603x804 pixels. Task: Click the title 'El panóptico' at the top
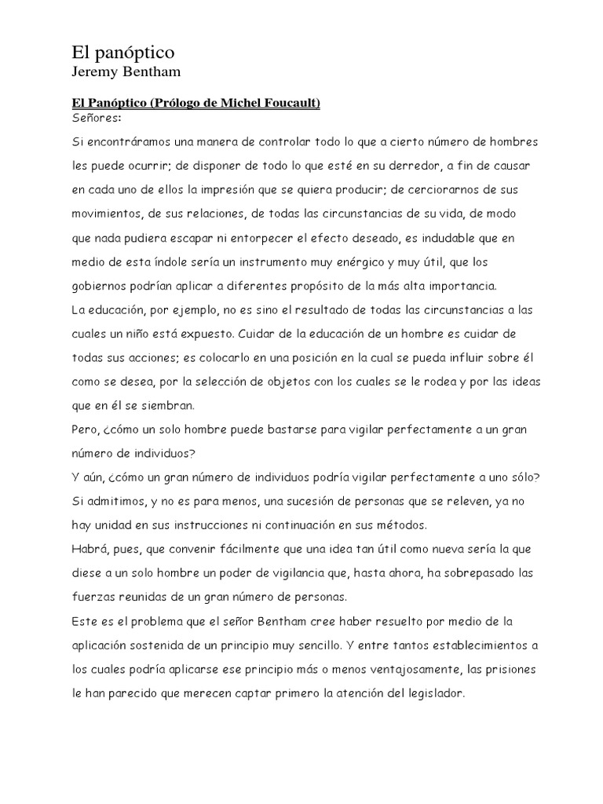coord(122,53)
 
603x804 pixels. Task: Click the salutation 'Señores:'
coord(96,118)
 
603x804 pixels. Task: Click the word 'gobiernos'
coord(100,285)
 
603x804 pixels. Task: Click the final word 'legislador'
coord(433,695)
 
